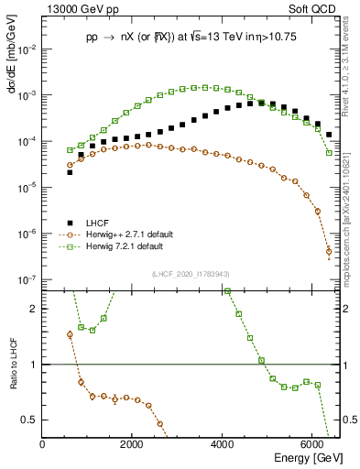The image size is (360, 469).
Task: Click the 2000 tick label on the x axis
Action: point(132,444)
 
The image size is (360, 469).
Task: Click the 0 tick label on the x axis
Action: point(43,444)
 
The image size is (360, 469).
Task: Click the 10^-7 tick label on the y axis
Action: point(27,279)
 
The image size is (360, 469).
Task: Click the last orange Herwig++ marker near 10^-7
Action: point(329,252)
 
